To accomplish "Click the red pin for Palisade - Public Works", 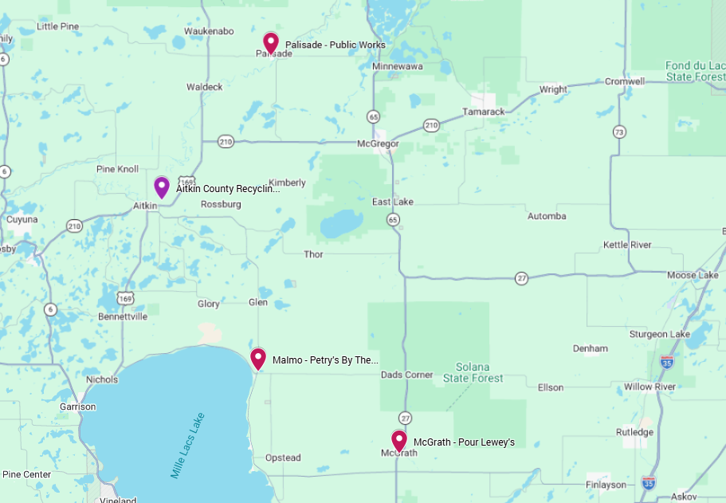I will [x=271, y=42].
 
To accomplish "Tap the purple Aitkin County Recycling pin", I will [x=162, y=187].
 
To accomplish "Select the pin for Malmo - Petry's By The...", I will [x=258, y=359].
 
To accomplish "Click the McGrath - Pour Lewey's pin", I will [x=399, y=440].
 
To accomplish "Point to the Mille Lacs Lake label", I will [x=187, y=446].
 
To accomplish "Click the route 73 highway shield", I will [x=619, y=132].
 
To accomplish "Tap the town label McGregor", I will [x=378, y=144].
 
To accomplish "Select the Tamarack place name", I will [x=483, y=112].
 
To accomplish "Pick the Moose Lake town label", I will [x=693, y=275].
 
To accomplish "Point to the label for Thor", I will [x=314, y=254].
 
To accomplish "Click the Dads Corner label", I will [x=407, y=375].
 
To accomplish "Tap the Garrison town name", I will [x=77, y=407].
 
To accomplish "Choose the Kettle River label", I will [x=627, y=245].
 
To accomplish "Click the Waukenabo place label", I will [x=209, y=31].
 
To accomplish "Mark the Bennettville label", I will [x=123, y=316].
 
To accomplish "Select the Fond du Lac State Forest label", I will [x=695, y=71].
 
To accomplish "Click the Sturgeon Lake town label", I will [x=660, y=334].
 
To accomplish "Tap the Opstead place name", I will [x=283, y=458].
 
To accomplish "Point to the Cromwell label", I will [x=625, y=81].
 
